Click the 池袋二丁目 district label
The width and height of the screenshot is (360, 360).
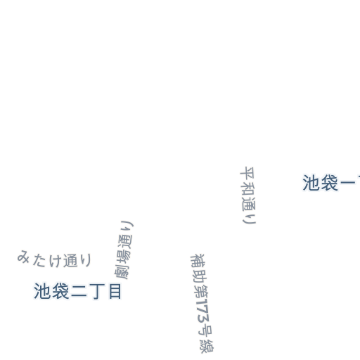point(77,291)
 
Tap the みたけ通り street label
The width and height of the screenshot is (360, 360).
point(54,259)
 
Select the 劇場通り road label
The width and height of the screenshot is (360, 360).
point(124,250)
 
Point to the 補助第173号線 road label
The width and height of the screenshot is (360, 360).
point(202,303)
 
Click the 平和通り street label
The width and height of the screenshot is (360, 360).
point(248,195)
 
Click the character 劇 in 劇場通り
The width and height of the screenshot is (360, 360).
point(122,272)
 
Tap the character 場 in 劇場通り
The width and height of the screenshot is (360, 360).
point(123,257)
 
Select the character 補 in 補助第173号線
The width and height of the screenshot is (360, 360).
point(198,261)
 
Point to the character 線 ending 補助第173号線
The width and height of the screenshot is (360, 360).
point(207,346)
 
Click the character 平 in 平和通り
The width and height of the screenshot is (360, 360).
point(247,174)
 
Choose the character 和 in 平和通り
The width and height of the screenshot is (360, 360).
point(247,188)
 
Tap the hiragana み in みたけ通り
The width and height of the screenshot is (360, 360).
point(23,257)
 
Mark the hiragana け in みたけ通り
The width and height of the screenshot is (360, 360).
point(56,260)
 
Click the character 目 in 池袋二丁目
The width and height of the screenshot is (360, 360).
point(115,291)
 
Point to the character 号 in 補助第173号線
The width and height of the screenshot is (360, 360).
point(205,331)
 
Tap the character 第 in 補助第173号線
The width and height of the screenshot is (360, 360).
point(200,290)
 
